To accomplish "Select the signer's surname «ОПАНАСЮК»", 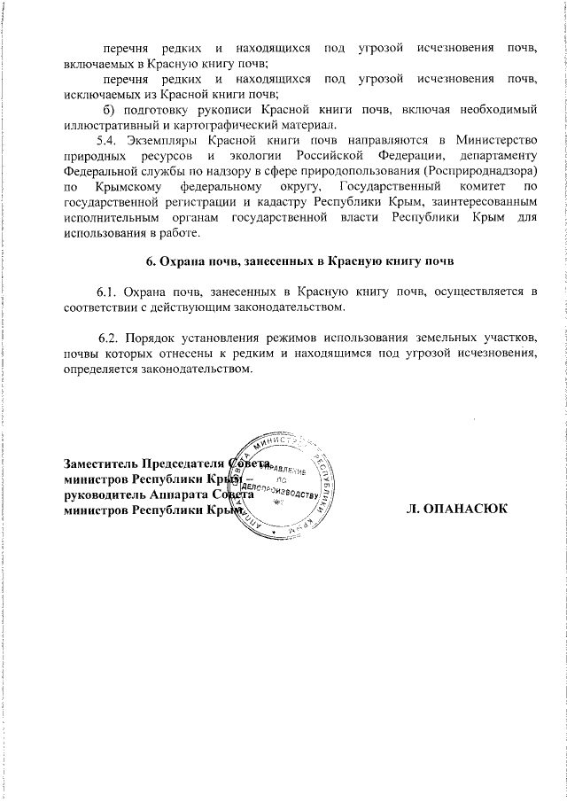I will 465,510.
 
